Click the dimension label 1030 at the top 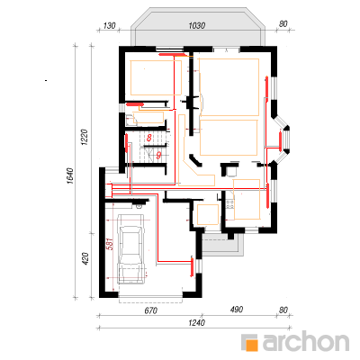pos(197,26)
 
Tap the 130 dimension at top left pos(109,26)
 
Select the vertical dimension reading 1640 pos(69,175)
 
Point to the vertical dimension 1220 pos(85,138)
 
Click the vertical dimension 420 pos(85,258)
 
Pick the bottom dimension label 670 pos(150,311)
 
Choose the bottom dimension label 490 pos(237,310)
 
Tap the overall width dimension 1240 pos(196,323)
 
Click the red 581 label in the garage pos(110,244)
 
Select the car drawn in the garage pos(130,248)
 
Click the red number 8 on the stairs pos(149,138)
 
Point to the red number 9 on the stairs pos(158,155)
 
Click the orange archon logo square pos(250,343)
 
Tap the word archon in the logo pos(306,341)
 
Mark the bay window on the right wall pos(282,139)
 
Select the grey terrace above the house pos(198,27)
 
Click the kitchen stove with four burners pos(230,204)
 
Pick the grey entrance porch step pos(222,245)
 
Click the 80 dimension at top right pos(283,23)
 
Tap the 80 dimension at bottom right pos(283,310)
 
